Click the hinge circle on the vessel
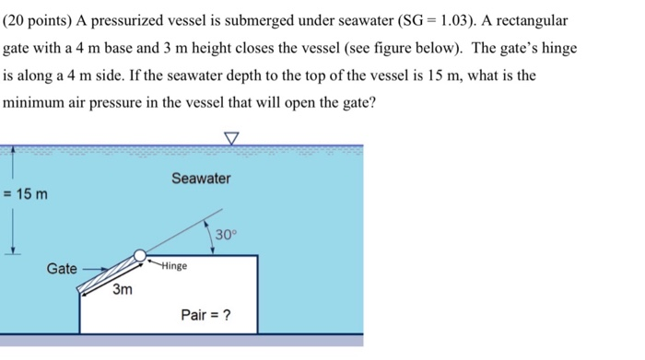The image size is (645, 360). [139, 256]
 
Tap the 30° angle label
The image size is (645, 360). [226, 235]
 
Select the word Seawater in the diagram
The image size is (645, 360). [201, 179]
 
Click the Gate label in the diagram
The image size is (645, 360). [62, 269]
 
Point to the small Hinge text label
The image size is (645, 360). [173, 266]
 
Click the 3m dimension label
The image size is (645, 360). [123, 290]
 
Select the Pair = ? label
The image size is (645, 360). [205, 316]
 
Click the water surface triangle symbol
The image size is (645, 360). [230, 138]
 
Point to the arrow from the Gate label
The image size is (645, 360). [95, 270]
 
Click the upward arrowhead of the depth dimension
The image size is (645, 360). [12, 152]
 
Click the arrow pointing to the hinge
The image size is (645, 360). [154, 261]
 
